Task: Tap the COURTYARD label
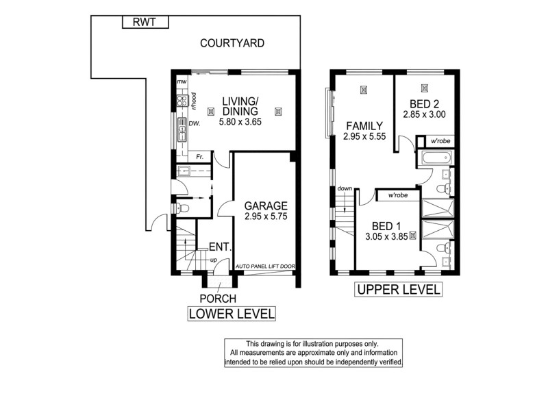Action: coord(232,43)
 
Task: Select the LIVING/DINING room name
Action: coord(239,107)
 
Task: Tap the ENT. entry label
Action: coord(220,247)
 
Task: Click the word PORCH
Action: coord(218,299)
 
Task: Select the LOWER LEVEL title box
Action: coord(232,314)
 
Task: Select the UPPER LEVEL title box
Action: coord(397,290)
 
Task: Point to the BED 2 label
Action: coord(424,103)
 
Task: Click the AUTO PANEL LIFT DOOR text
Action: coord(264,266)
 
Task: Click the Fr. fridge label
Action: coord(199,157)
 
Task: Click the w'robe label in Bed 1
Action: coord(398,195)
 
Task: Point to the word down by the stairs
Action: coord(345,188)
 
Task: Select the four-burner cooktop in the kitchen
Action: coord(182,101)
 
